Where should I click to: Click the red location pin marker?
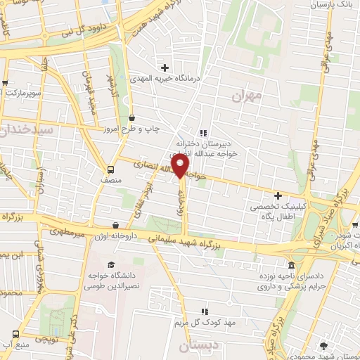(x=181, y=167)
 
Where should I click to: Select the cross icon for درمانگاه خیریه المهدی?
(x=165, y=68)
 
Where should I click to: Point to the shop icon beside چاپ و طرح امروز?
(x=131, y=118)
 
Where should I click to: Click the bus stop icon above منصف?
(x=110, y=169)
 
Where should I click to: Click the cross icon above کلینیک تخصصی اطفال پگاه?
(x=278, y=195)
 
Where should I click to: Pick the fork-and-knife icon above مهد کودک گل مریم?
(x=205, y=311)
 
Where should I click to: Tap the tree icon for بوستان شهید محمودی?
(x=323, y=347)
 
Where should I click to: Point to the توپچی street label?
(x=44, y=337)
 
